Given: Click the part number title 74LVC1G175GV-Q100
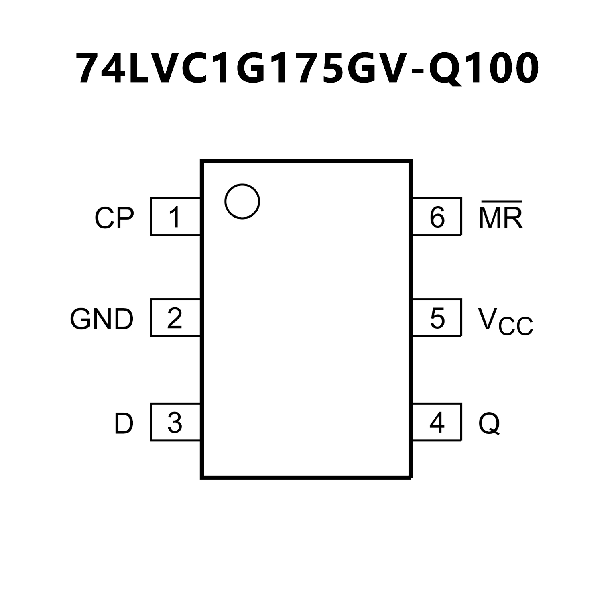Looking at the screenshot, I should pos(308,68).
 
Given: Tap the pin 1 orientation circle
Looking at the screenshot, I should pos(242,201).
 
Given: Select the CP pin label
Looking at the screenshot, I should pos(114,218).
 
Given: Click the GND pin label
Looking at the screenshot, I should pos(102,319).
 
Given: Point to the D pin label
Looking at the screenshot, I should pos(123,423).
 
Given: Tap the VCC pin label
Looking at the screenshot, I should pos(505,321).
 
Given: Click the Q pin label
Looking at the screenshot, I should pos(489,423).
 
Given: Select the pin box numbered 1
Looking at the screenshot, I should pos(175,217).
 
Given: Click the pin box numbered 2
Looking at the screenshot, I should pos(175,318).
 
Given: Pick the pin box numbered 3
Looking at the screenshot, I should pos(175,422).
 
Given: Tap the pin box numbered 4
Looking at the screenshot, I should pos(437,422).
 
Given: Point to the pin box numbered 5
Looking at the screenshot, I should pos(437,318).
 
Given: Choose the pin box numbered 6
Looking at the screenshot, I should pos(437,217).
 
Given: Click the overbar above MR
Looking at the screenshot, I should pos(501,201).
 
